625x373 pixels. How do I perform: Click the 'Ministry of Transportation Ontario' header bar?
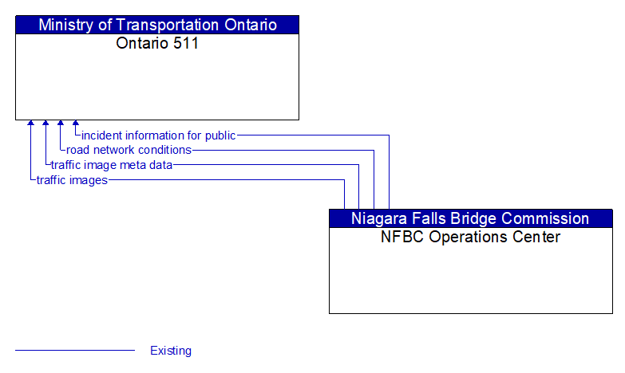pyautogui.click(x=157, y=25)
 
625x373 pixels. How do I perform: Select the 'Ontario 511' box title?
pyautogui.click(x=157, y=43)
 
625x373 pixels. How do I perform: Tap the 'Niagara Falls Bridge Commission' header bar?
pyautogui.click(x=470, y=218)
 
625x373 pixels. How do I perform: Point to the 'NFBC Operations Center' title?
pyautogui.click(x=470, y=237)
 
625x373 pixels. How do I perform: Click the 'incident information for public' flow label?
pyautogui.click(x=158, y=135)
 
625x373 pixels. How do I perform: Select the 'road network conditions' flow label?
pyautogui.click(x=129, y=150)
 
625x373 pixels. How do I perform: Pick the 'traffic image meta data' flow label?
pyautogui.click(x=111, y=165)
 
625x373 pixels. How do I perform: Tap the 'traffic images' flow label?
pyautogui.click(x=72, y=180)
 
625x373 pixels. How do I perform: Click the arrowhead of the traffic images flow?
pyautogui.click(x=30, y=124)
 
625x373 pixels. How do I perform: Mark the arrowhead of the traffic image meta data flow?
pyautogui.click(x=45, y=124)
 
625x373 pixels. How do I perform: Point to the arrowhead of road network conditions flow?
pyautogui.click(x=61, y=124)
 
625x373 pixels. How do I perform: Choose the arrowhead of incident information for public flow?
pyautogui.click(x=76, y=124)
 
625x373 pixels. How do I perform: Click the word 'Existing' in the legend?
pyautogui.click(x=171, y=351)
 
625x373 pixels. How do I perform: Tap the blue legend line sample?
pyautogui.click(x=75, y=351)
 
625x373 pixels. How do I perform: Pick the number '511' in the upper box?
pyautogui.click(x=185, y=43)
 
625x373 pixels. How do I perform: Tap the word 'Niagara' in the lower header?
pyautogui.click(x=378, y=218)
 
